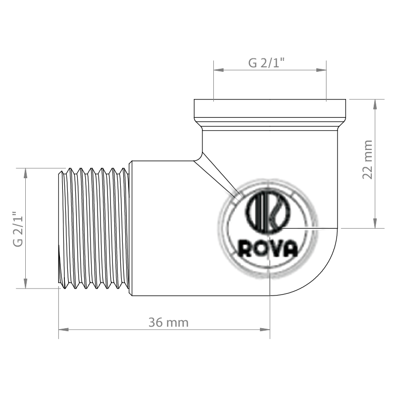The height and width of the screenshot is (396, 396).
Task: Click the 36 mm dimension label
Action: pyautogui.click(x=168, y=323)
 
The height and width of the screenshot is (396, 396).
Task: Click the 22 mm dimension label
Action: pyautogui.click(x=367, y=159)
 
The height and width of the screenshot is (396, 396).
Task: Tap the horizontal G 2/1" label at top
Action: pyautogui.click(x=266, y=63)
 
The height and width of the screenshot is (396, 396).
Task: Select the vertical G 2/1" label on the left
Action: pyautogui.click(x=18, y=228)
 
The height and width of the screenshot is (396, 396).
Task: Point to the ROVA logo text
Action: pyautogui.click(x=268, y=248)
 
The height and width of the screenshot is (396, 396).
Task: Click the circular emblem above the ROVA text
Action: pyautogui.click(x=268, y=212)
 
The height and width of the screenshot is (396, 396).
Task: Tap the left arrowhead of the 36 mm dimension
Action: pyautogui.click(x=64, y=330)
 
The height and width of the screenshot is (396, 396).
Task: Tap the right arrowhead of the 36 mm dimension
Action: pyautogui.click(x=265, y=330)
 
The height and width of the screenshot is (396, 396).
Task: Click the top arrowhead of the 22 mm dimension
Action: pyautogui.click(x=375, y=104)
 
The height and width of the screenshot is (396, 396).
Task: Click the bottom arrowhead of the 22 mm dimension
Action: pyautogui.click(x=375, y=223)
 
